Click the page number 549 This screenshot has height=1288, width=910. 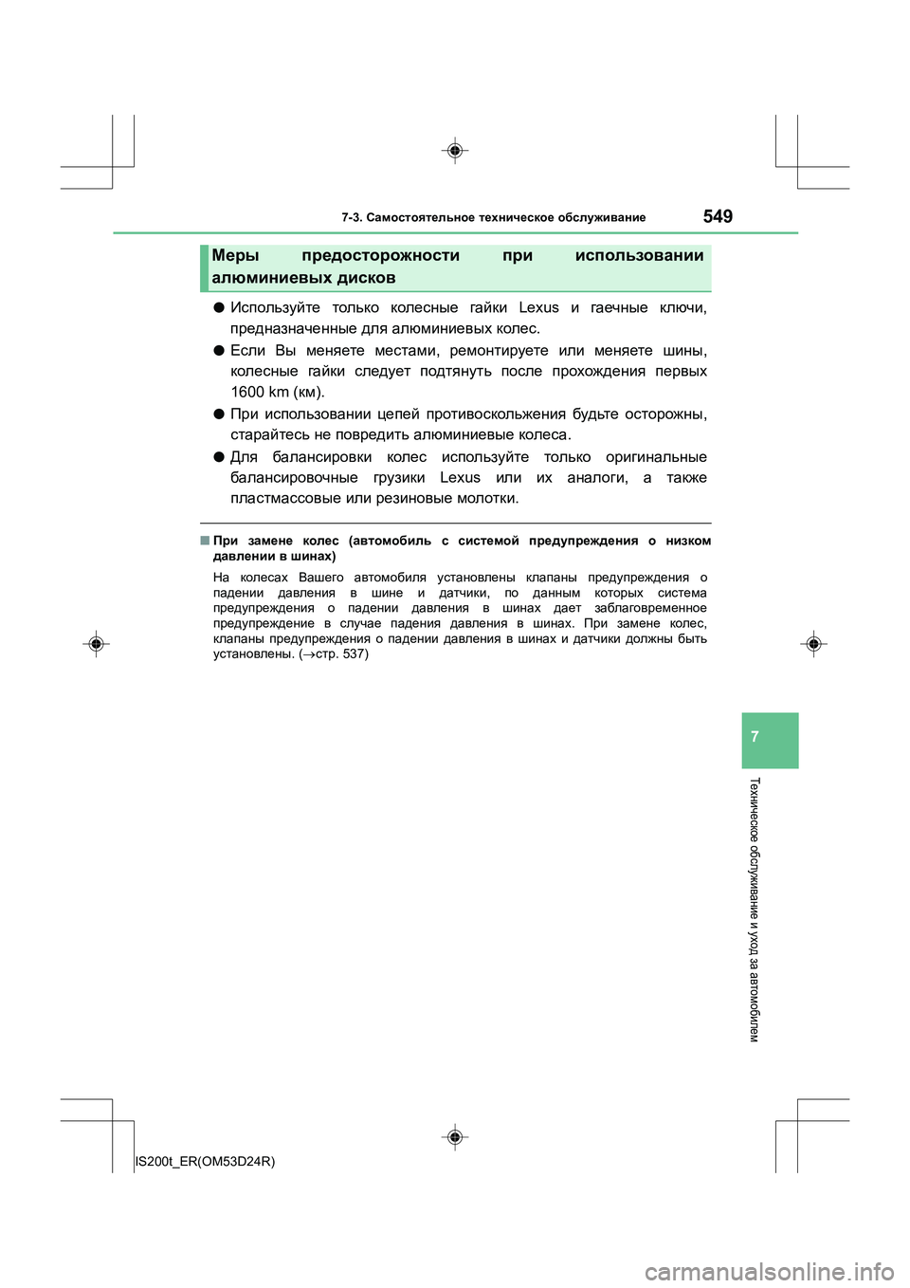(718, 216)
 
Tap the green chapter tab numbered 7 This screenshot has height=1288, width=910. (770, 739)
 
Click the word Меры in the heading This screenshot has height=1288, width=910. (235, 255)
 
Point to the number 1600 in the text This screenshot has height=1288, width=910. (246, 392)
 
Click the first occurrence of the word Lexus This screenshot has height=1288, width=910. (538, 307)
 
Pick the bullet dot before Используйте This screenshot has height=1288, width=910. (218, 307)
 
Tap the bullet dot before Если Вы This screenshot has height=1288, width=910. (218, 350)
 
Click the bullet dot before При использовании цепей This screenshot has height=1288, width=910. (218, 414)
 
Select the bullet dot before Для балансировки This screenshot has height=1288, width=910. (218, 456)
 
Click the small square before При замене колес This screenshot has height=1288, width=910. (205, 541)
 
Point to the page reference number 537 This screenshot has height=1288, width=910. (354, 653)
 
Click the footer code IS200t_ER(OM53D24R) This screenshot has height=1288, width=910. (205, 1161)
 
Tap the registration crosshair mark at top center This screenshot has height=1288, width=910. (455, 150)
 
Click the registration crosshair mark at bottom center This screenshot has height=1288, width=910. (455, 1136)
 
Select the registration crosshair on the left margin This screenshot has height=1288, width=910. (96, 644)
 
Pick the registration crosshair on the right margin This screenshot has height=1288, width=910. (813, 644)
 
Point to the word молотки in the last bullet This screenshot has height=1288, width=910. (487, 498)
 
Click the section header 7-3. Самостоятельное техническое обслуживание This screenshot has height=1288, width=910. (493, 218)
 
